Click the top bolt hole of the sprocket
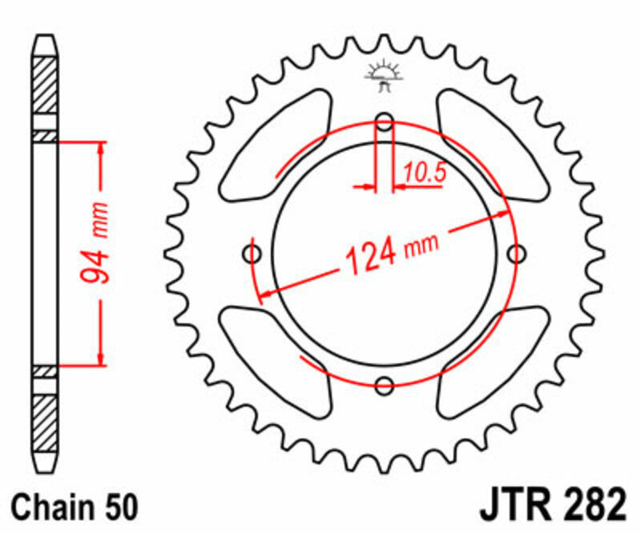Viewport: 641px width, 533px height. [x=385, y=123]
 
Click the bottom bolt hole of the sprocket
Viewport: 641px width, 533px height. [x=385, y=384]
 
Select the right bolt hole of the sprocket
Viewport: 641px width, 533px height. [x=517, y=254]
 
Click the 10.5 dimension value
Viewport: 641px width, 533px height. [x=424, y=172]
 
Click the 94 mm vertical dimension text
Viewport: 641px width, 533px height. [x=95, y=254]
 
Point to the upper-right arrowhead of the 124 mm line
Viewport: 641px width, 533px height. [x=502, y=214]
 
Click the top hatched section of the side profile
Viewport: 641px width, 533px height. [x=44, y=85]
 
